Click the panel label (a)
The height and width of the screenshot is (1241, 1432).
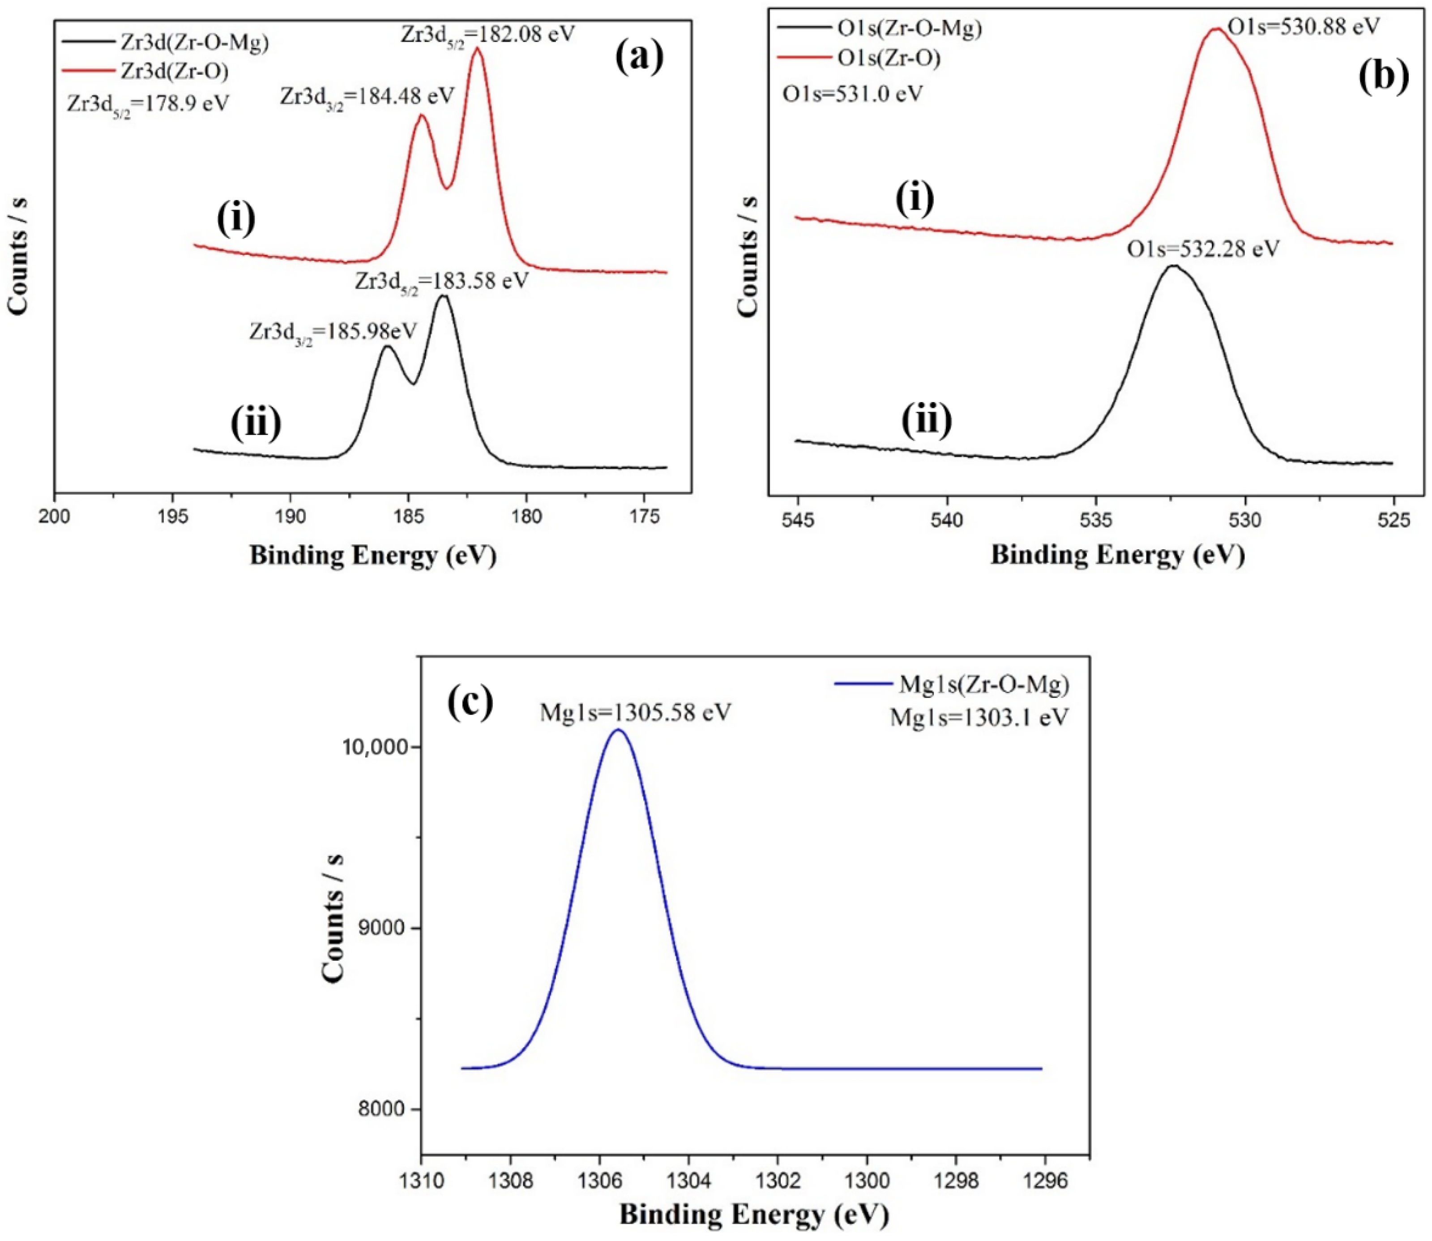(x=638, y=57)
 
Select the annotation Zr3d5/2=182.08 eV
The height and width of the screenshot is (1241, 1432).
(x=487, y=33)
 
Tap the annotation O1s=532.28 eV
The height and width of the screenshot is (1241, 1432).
(x=1203, y=248)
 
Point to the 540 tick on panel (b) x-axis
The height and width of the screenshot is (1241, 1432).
(x=947, y=519)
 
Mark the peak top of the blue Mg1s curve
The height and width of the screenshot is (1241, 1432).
(x=618, y=730)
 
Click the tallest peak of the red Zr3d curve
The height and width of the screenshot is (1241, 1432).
(x=476, y=48)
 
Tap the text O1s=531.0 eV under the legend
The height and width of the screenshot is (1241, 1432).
(x=852, y=94)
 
